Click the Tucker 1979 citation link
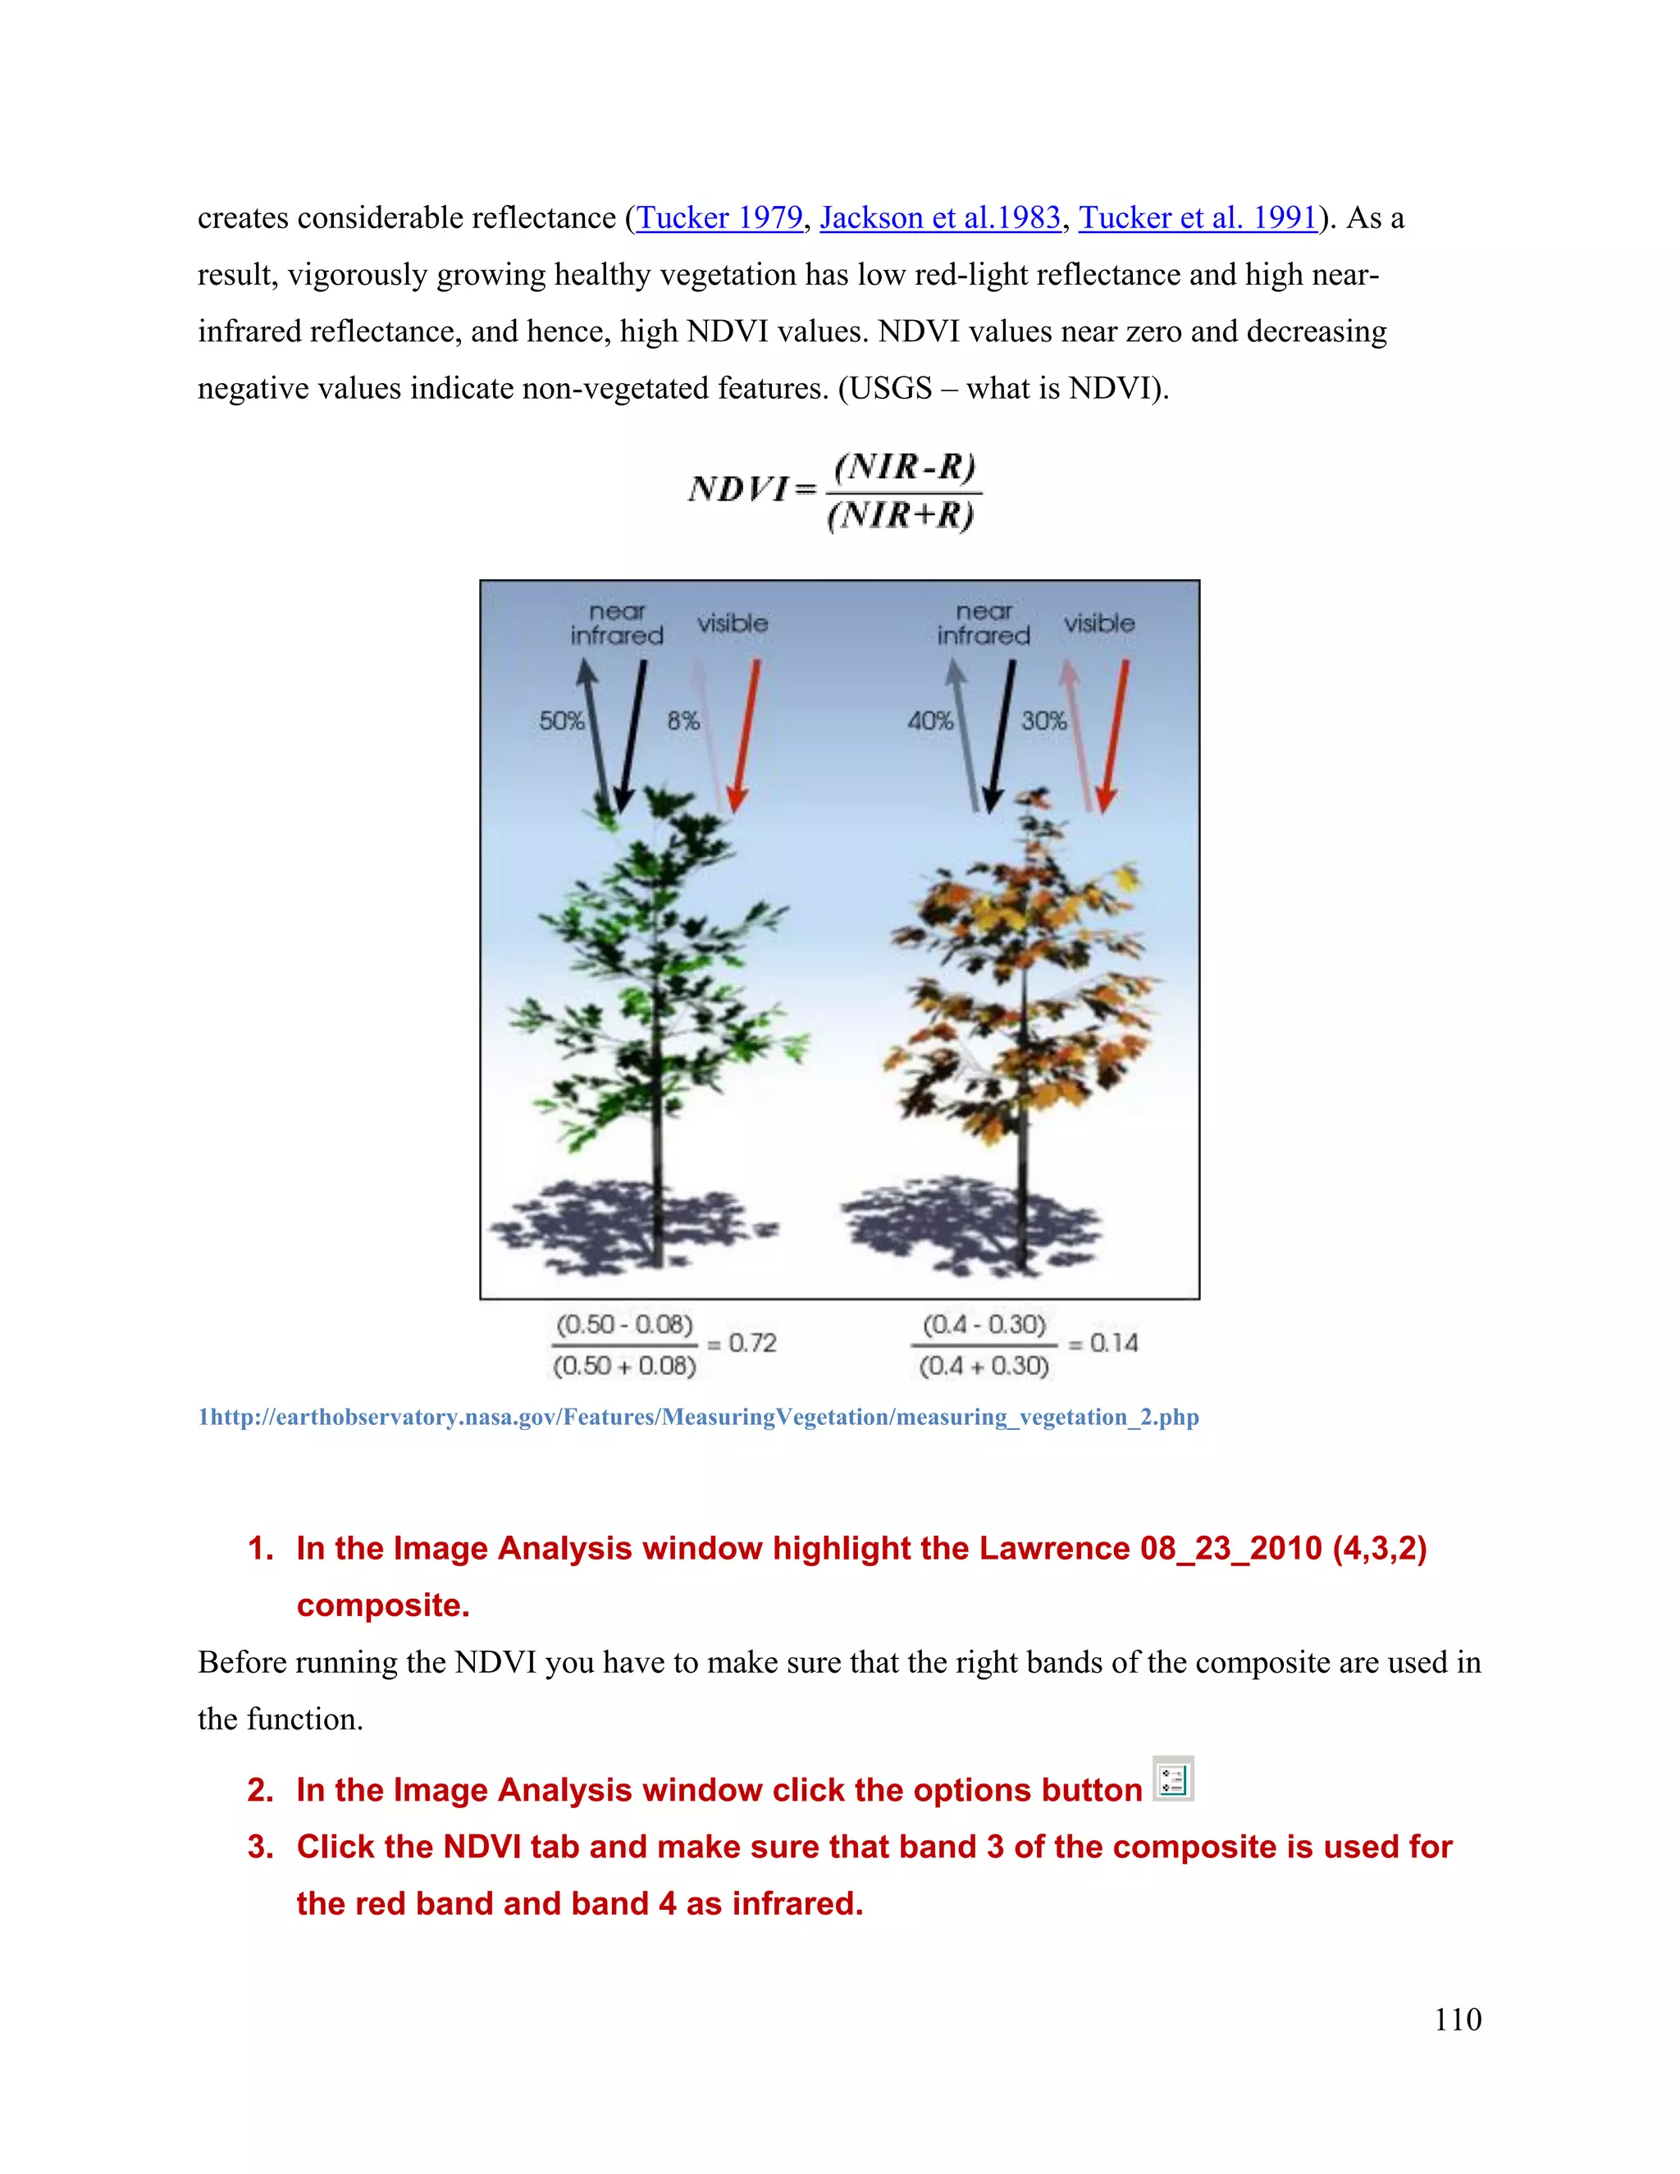click(719, 217)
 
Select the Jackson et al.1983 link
click(939, 217)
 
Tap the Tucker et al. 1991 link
click(1198, 217)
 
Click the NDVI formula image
click(834, 491)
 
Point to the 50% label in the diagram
click(561, 720)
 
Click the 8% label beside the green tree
click(682, 720)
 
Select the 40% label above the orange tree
click(929, 720)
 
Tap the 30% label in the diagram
click(1043, 720)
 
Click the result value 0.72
click(752, 1343)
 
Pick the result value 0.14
click(1114, 1343)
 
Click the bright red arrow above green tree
click(746, 737)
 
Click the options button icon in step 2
click(1173, 1779)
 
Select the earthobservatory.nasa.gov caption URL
click(699, 1417)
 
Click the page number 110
click(1457, 2019)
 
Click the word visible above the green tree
click(732, 623)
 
